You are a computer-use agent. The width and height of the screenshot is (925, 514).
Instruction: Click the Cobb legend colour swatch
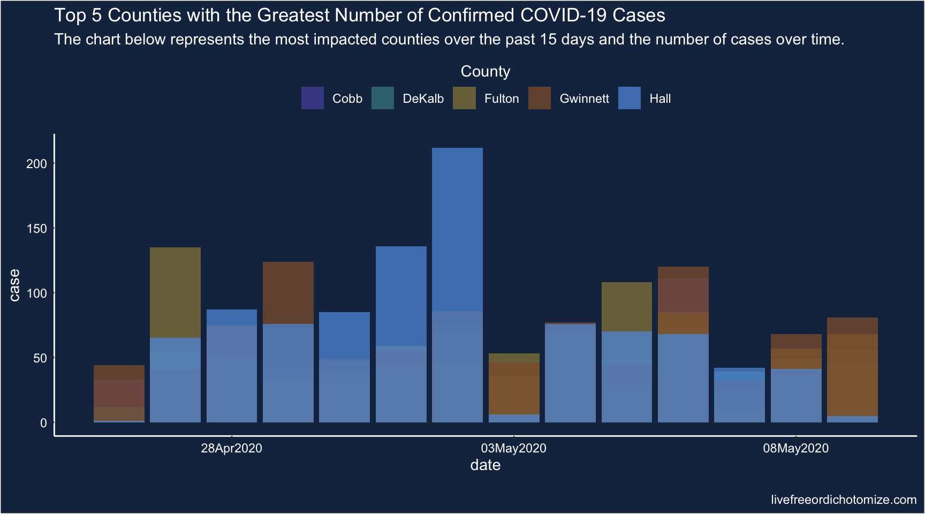[313, 98]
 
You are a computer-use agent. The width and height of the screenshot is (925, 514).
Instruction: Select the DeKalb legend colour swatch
[383, 98]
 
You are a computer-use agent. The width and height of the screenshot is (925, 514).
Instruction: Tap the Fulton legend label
[501, 99]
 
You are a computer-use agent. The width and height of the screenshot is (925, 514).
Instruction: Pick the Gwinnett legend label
[584, 99]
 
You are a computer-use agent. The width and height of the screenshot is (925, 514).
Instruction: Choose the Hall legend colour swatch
[630, 98]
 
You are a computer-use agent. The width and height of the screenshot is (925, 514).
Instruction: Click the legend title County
[485, 71]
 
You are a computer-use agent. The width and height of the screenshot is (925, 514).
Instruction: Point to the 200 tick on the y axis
[37, 164]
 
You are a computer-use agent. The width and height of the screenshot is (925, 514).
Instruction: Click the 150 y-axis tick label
[37, 229]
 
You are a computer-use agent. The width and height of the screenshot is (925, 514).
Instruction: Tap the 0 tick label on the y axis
[43, 423]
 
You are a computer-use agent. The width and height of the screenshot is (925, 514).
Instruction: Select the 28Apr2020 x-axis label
[231, 448]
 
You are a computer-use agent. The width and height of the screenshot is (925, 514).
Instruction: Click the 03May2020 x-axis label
[513, 448]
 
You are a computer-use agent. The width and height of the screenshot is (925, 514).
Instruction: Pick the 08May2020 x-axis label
[795, 448]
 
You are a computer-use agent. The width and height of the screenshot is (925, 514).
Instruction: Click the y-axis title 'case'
[14, 285]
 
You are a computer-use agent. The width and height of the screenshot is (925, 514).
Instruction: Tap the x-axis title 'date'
[485, 465]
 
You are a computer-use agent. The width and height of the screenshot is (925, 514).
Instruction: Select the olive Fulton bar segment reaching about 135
[175, 292]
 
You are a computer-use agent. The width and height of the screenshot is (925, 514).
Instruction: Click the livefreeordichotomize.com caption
[844, 500]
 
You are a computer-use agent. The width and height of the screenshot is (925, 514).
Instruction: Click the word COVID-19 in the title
[564, 15]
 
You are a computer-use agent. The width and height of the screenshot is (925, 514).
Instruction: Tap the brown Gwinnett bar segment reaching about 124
[288, 292]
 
